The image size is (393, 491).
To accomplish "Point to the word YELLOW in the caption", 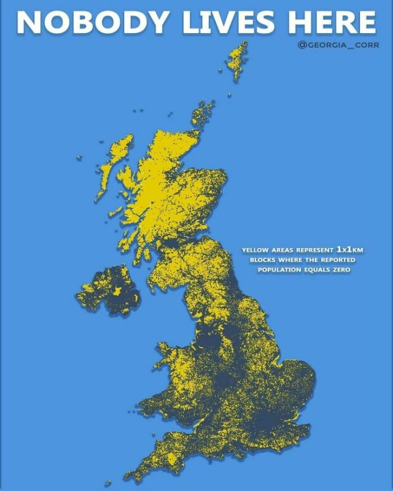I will click(x=255, y=250).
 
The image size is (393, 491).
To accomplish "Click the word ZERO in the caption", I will click(x=339, y=270).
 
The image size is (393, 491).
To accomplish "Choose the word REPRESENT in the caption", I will click(x=311, y=250).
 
